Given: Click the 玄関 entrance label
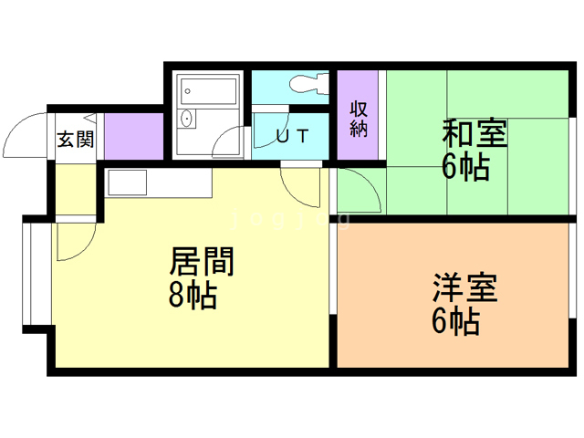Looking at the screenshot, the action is click(75, 140).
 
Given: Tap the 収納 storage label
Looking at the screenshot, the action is click(359, 119).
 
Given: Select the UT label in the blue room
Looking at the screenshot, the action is click(292, 136).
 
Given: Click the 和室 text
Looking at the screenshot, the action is click(474, 132).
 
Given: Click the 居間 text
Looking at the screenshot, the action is click(202, 262).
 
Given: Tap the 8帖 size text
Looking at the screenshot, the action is click(193, 295).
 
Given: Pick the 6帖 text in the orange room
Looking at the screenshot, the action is click(456, 321).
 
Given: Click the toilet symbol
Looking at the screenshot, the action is click(308, 84).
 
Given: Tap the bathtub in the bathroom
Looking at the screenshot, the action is click(208, 91).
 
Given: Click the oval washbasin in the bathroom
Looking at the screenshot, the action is click(186, 119).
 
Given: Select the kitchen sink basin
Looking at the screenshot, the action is click(127, 182).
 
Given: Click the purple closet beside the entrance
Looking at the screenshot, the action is click(134, 136).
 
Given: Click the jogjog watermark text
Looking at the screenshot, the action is click(290, 219).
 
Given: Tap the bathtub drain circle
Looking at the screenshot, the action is click(188, 91).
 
